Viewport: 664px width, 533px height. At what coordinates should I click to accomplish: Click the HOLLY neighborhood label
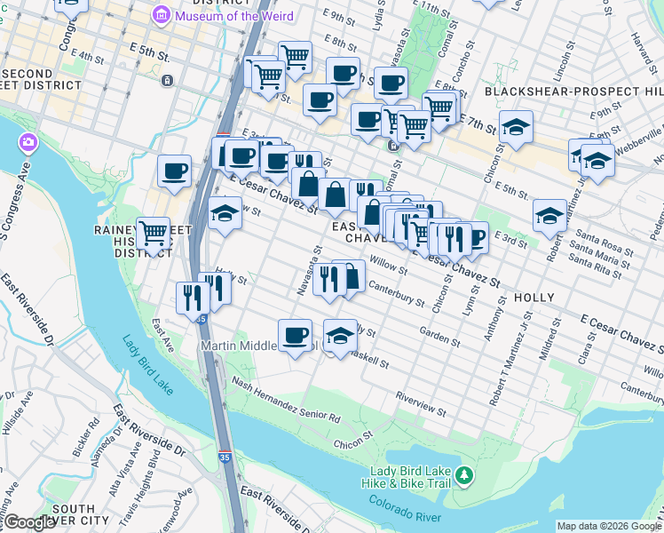534,298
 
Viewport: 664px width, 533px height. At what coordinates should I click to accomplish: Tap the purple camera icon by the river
29,142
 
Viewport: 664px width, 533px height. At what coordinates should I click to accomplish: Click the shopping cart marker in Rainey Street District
154,234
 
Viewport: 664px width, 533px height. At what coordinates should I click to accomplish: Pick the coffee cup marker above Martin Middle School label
296,335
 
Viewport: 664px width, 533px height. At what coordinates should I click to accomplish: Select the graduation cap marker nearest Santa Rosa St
549,215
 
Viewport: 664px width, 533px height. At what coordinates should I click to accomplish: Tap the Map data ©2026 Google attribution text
608,526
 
